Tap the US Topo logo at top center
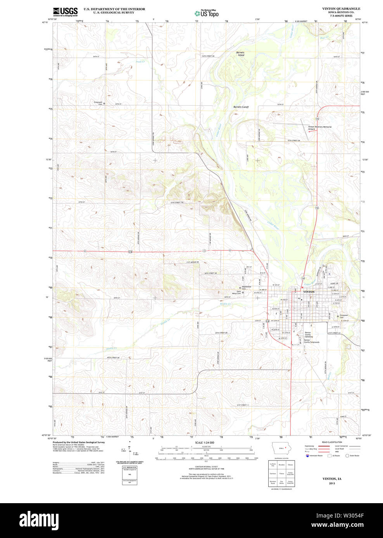click(206, 13)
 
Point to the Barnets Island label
click(241, 54)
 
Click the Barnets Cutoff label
click(241, 107)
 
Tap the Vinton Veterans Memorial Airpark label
click(319, 128)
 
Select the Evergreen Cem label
click(344, 316)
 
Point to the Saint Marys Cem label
click(236, 293)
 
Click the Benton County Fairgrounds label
click(312, 341)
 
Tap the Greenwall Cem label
click(98, 103)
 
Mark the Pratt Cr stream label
click(140, 62)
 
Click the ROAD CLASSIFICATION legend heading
click(332, 442)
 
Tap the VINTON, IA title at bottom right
click(332, 479)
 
